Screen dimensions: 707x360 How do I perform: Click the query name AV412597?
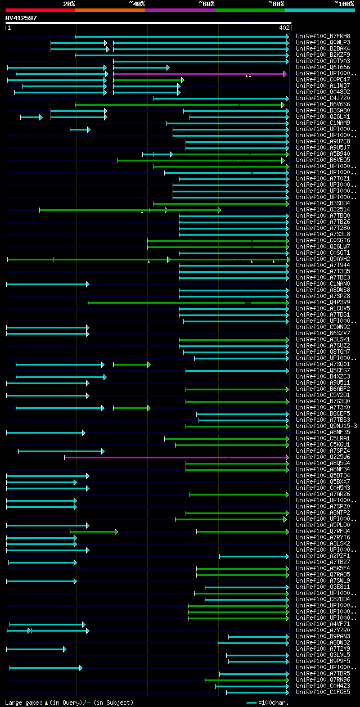21,18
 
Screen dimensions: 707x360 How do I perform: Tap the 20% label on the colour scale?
69,4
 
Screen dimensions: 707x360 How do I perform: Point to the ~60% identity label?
206,4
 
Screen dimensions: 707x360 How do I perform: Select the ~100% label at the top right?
344,4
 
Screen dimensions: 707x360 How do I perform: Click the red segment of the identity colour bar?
40,10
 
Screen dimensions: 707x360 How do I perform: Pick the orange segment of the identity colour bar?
110,10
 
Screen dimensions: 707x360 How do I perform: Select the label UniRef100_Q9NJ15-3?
326,426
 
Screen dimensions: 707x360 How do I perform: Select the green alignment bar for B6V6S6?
180,105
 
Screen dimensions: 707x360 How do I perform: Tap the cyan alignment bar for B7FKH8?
180,37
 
